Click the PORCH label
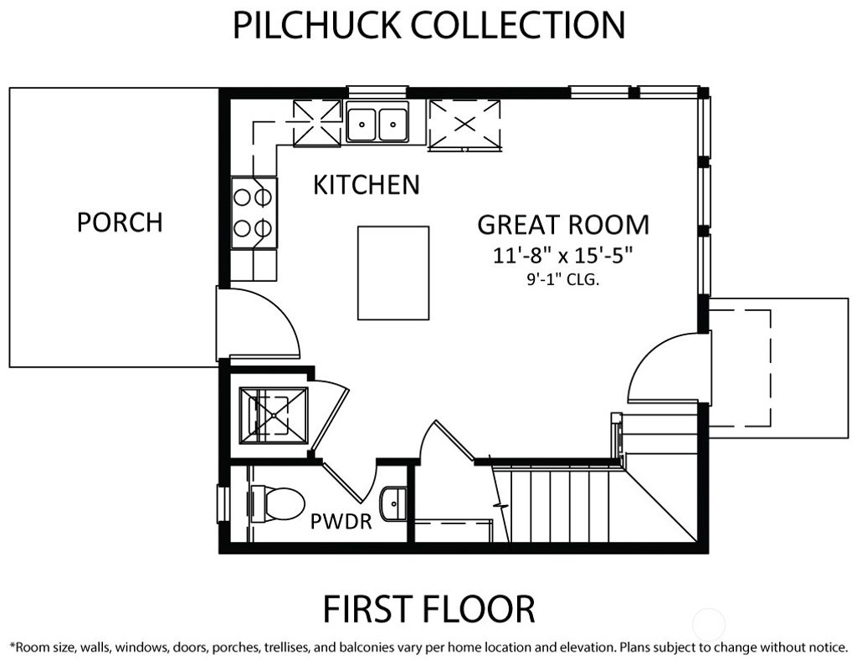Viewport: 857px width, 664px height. (x=120, y=222)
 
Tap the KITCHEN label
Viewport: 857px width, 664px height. (x=366, y=185)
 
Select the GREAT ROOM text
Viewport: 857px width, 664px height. (x=562, y=224)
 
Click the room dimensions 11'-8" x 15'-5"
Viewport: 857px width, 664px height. (x=562, y=256)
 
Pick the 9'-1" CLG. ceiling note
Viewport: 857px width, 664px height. (x=562, y=281)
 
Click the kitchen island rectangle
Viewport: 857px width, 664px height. (x=393, y=273)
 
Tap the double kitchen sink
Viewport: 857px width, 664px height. (x=377, y=124)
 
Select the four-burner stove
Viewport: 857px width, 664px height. (x=254, y=212)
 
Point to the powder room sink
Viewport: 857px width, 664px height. (x=394, y=504)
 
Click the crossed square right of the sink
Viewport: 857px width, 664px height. (x=464, y=125)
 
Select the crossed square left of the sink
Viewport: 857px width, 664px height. (x=317, y=123)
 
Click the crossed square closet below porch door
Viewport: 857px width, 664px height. (x=273, y=415)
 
